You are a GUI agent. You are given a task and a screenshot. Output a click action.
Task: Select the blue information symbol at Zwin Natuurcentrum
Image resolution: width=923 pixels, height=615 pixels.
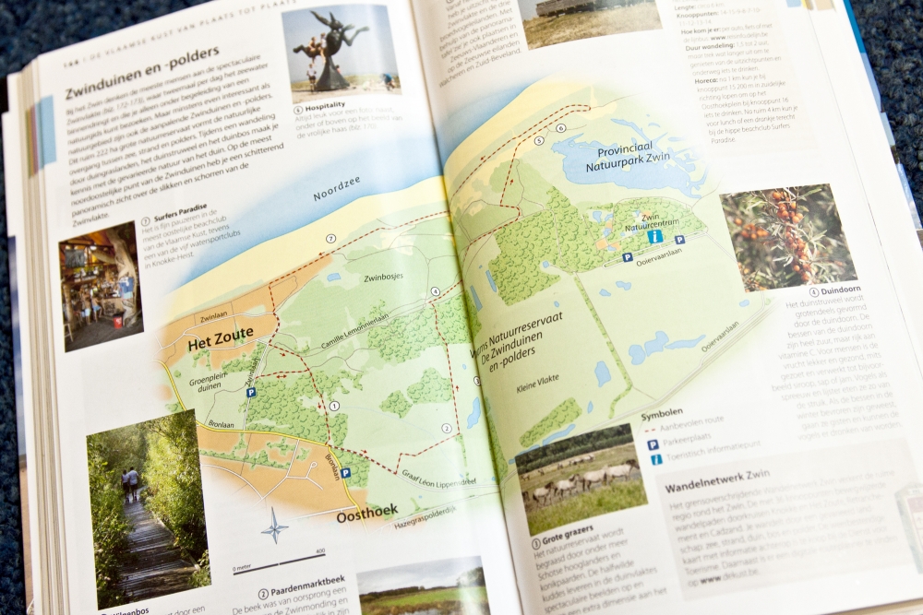[x=654, y=236]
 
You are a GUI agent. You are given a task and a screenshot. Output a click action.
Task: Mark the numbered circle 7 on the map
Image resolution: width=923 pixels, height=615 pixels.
[x=330, y=239]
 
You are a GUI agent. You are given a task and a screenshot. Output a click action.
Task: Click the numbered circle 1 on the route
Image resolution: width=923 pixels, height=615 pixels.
[x=334, y=405]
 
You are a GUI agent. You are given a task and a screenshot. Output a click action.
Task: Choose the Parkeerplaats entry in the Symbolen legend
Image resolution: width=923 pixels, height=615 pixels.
[x=688, y=444]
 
